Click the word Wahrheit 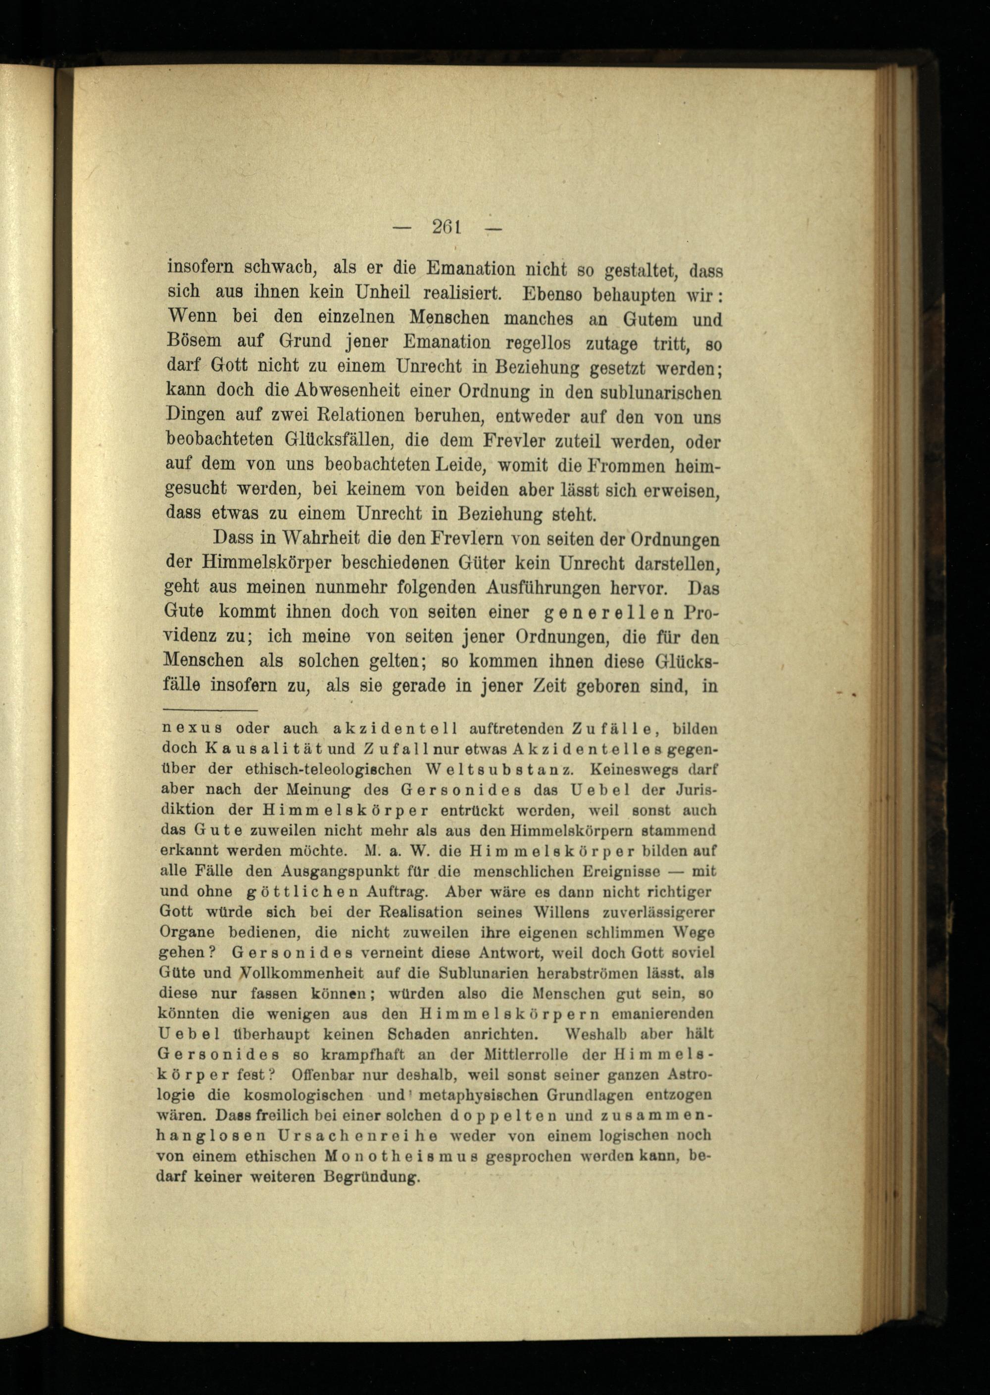pos(315,539)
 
